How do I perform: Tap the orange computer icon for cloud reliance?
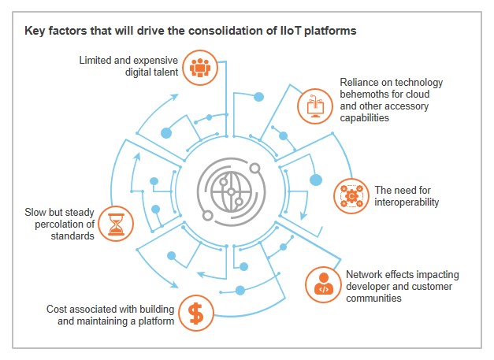click(x=313, y=104)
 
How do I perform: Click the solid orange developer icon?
click(x=322, y=285)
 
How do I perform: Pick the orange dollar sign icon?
click(x=196, y=314)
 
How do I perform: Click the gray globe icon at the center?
click(x=228, y=191)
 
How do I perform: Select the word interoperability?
click(x=407, y=202)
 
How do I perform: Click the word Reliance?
click(x=360, y=83)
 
